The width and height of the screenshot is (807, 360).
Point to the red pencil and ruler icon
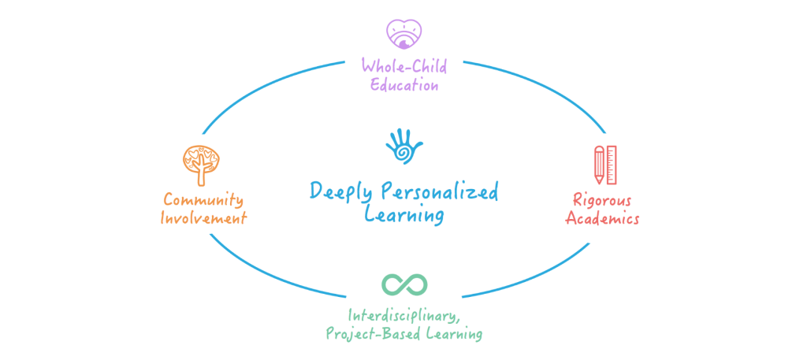pos(604,164)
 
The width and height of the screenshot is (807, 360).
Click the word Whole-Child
pos(403,65)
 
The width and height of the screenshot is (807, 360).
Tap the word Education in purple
pos(403,85)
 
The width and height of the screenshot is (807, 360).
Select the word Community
pos(203,199)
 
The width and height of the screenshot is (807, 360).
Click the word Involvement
pos(203,218)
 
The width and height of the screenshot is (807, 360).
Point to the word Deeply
pos(341,191)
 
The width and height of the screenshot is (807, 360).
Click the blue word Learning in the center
pos(403,215)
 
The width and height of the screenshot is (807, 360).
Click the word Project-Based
pos(374,334)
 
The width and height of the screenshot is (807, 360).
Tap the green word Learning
pos(454,334)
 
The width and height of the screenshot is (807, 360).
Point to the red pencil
pos(598,164)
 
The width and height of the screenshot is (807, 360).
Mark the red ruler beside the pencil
pos(612,164)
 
